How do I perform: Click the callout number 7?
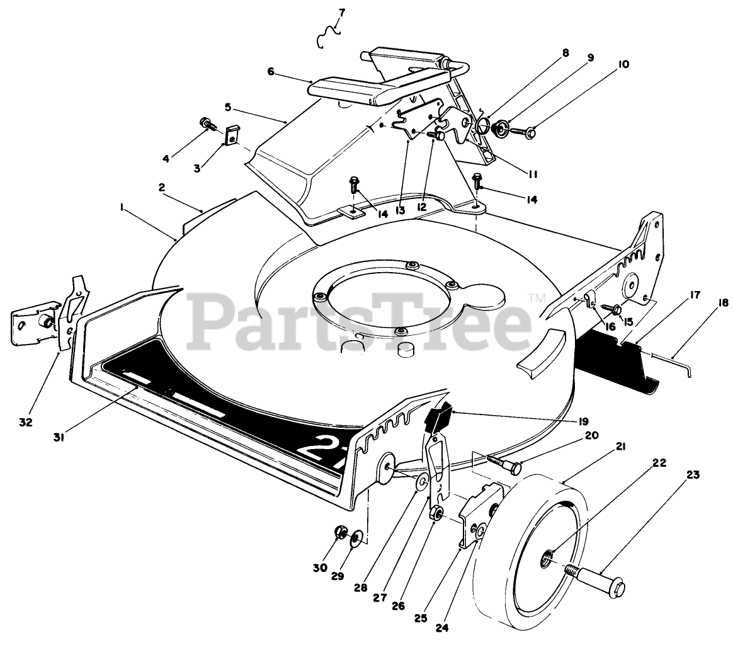click(341, 11)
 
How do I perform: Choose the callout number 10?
click(605, 64)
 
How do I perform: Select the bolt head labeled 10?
click(530, 132)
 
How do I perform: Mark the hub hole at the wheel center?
click(548, 555)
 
